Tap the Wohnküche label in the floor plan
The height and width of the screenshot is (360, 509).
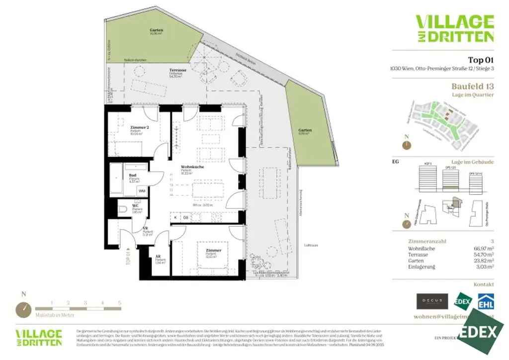[x=192, y=167]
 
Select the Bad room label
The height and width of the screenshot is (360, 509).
[x=133, y=176]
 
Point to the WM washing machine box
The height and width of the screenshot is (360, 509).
[x=142, y=191]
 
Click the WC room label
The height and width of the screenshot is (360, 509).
[x=135, y=205]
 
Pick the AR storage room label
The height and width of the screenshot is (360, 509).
[x=158, y=257]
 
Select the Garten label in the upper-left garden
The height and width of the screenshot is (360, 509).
[x=157, y=30]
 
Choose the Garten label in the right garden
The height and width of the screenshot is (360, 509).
[x=305, y=130]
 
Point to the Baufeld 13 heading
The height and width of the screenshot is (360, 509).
[x=473, y=86]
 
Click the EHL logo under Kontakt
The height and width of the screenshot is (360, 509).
[x=485, y=301]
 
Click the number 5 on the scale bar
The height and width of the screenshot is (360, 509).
[x=120, y=302]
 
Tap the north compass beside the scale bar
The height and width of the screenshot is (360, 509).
[x=24, y=310]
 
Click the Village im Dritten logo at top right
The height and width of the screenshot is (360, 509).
[x=455, y=28]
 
